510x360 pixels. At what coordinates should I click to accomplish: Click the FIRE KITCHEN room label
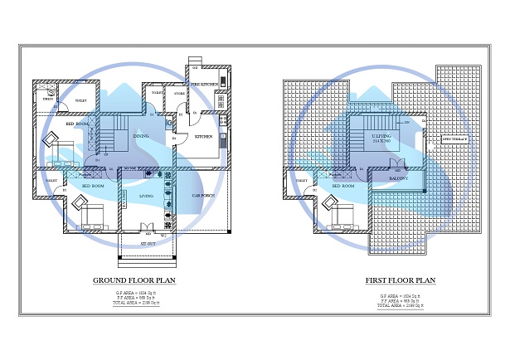click(204, 85)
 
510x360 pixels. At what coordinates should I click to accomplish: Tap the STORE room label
click(179, 94)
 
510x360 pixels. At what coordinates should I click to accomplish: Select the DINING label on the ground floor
click(141, 136)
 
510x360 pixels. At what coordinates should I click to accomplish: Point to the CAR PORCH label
click(203, 195)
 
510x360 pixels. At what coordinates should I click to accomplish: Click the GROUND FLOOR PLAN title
click(138, 280)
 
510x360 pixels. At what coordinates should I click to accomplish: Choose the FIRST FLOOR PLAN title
click(401, 280)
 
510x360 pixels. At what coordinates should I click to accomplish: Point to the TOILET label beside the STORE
click(156, 94)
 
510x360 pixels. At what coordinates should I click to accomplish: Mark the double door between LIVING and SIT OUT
click(147, 228)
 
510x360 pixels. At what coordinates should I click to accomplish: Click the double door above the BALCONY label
click(396, 163)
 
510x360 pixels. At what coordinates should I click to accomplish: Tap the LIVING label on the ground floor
click(147, 196)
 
